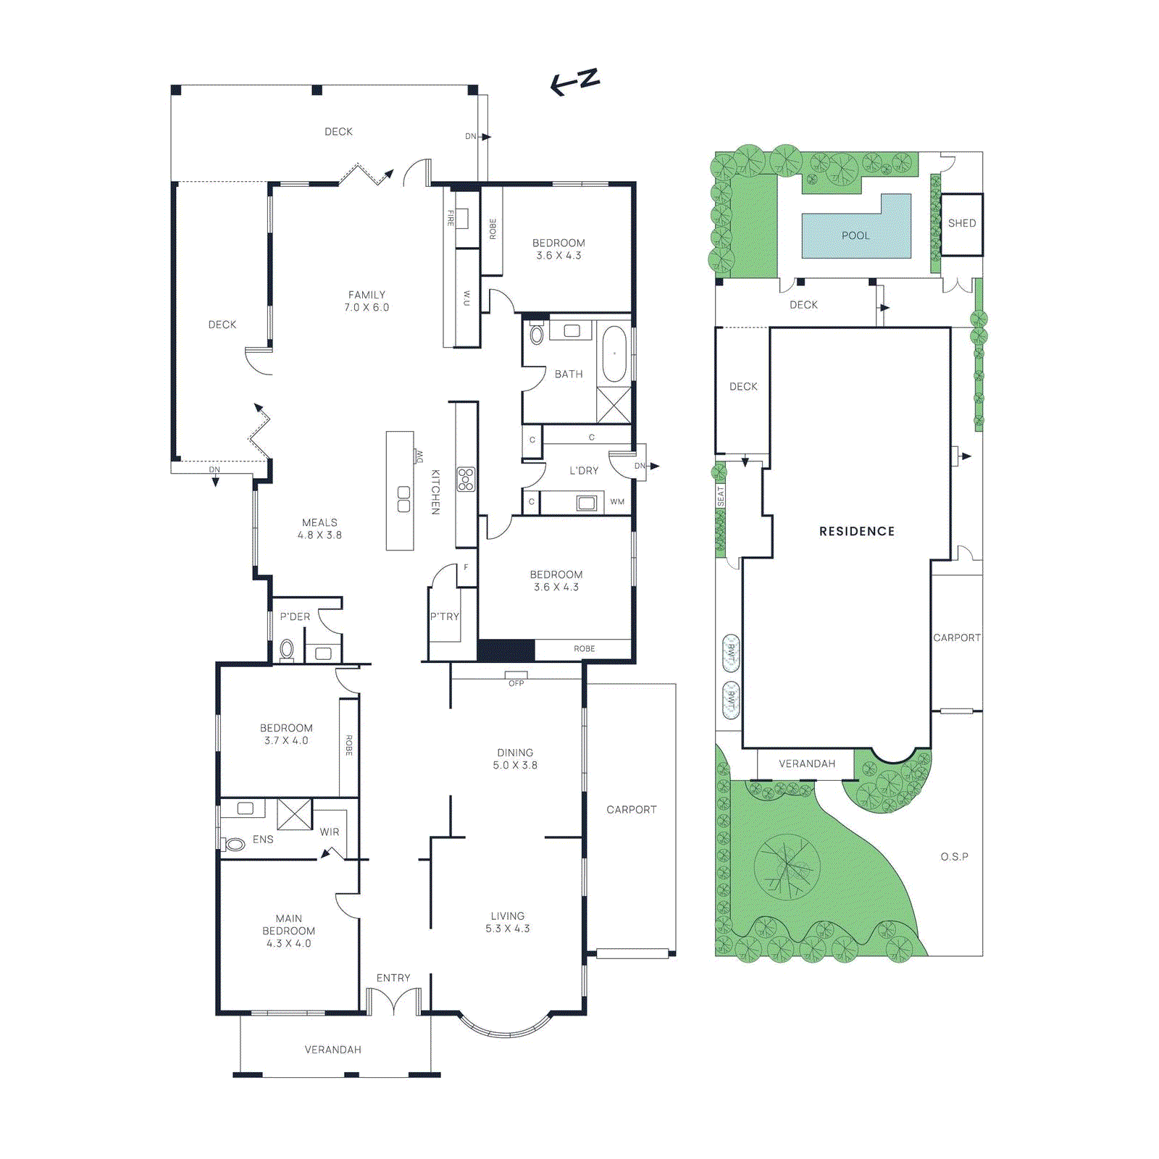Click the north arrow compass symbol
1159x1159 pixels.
(x=575, y=81)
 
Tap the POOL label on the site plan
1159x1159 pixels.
(x=855, y=235)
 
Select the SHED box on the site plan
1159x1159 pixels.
(x=962, y=224)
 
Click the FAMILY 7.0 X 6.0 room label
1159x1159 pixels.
(x=367, y=301)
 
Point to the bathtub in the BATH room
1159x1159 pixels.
(x=614, y=353)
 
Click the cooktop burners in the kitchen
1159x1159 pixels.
(x=466, y=480)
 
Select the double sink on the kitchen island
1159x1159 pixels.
(x=403, y=499)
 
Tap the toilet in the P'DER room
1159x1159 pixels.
(x=287, y=649)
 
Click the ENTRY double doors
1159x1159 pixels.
(x=393, y=1003)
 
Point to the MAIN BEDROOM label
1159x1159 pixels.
(x=288, y=931)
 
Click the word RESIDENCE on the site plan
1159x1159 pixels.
(x=857, y=531)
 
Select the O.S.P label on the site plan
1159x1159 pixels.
(x=954, y=856)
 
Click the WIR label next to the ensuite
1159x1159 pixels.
(x=330, y=832)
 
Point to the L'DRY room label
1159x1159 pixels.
(x=584, y=471)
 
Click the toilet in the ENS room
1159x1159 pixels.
(x=235, y=844)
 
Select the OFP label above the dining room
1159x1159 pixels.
(x=516, y=683)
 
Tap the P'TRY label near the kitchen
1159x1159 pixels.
(x=444, y=616)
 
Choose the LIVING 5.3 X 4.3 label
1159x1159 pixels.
(x=508, y=922)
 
